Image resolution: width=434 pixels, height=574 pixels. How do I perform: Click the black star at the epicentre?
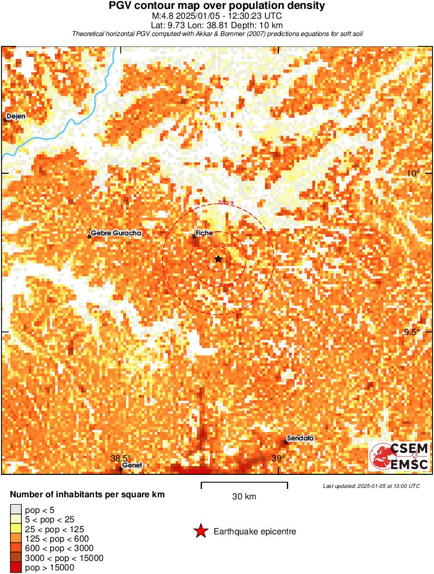point(218,259)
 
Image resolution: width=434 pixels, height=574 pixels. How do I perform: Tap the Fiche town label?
point(204,233)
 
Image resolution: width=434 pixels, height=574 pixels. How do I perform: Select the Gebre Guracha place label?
point(116,233)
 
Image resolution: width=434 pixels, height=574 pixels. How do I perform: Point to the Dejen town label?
point(16,116)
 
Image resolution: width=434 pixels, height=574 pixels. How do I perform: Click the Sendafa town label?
point(300,438)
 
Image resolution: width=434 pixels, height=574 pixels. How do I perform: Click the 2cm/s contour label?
point(227,202)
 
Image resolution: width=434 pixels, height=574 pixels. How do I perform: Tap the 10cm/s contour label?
point(227,245)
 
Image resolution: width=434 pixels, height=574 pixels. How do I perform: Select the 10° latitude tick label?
point(414,173)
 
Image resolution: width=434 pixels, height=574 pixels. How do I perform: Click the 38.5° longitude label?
point(121,459)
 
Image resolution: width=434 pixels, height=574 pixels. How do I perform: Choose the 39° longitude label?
point(278,459)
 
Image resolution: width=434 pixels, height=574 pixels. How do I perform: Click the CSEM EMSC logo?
point(400,456)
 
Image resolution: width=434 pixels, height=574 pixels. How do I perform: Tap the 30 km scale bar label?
point(244,497)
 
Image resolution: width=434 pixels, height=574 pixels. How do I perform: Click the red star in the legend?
point(200,532)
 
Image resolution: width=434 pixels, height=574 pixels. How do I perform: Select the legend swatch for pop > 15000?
point(16,568)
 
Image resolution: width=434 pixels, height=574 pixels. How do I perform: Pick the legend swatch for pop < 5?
point(16,509)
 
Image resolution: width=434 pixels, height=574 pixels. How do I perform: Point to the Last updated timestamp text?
point(371,486)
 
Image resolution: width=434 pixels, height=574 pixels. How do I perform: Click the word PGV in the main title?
point(121,6)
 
